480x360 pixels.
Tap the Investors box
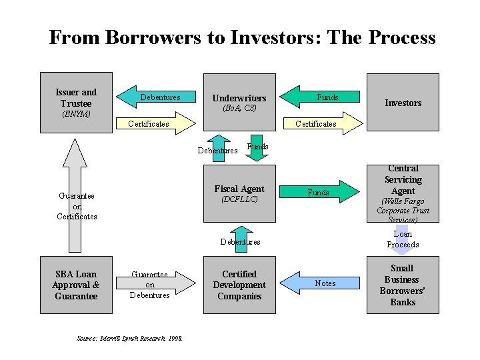(403, 103)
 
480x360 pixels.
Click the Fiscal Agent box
(239, 193)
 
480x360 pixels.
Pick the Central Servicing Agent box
(403, 193)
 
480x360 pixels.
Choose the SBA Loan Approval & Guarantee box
(76, 285)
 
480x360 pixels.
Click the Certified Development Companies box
(239, 285)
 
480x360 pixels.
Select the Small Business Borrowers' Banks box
(403, 285)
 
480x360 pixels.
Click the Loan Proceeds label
(403, 239)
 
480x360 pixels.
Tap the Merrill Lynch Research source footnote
(130, 339)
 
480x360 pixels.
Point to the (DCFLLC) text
(239, 199)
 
